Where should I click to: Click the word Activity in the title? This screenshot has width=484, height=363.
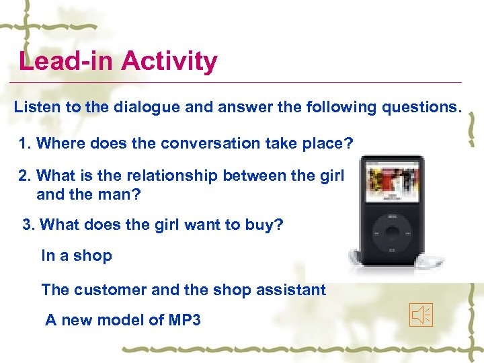click(x=169, y=61)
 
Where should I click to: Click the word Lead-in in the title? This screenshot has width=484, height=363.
click(x=67, y=61)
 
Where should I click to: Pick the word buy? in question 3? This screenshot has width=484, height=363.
click(x=265, y=224)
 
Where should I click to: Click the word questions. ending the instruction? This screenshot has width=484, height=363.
click(x=423, y=108)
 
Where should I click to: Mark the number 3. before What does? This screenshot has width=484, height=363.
click(x=29, y=224)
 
